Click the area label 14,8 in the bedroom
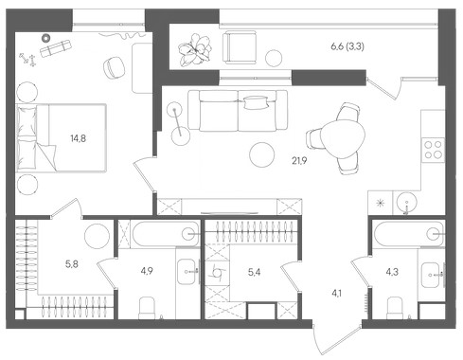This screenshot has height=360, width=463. (x=79, y=138)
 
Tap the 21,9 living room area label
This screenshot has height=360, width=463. (x=299, y=161)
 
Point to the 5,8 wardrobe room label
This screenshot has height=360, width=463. (x=72, y=264)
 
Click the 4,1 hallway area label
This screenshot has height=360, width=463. (x=336, y=294)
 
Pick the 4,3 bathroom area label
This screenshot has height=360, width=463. (x=392, y=272)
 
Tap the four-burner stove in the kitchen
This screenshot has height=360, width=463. (x=433, y=150)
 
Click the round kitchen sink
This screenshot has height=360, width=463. (x=407, y=201)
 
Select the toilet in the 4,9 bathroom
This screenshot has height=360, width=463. (x=147, y=308)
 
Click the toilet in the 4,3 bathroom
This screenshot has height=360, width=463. (x=395, y=308)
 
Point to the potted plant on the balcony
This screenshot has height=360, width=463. (x=194, y=50)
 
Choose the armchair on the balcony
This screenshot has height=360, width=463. (x=240, y=47)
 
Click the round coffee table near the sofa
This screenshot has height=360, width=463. (x=261, y=154)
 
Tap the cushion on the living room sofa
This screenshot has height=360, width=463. (x=257, y=102)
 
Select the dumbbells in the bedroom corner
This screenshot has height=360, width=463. (x=27, y=59)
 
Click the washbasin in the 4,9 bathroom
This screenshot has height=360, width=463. (x=187, y=271)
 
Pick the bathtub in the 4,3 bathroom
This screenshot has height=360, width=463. (x=409, y=234)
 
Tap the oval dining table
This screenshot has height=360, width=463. (x=345, y=138)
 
